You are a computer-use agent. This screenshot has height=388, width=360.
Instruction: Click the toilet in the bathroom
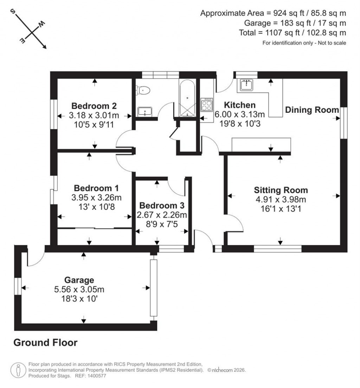[144, 91]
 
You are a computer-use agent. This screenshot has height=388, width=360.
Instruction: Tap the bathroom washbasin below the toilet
[144, 111]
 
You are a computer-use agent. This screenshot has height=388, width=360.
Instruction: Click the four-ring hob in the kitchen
[206, 105]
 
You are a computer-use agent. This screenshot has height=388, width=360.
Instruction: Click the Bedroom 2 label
[94, 106]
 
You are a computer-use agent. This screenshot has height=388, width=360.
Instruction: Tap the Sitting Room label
[281, 190]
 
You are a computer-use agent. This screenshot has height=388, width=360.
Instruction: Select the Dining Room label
[312, 110]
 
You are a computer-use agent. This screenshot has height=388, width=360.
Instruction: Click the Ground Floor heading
[45, 343]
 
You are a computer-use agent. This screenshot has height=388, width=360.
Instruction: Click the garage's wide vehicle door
[153, 288]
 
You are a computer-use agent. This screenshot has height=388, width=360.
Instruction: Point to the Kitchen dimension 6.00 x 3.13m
[239, 114]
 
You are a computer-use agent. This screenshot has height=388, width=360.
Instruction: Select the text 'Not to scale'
[332, 43]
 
